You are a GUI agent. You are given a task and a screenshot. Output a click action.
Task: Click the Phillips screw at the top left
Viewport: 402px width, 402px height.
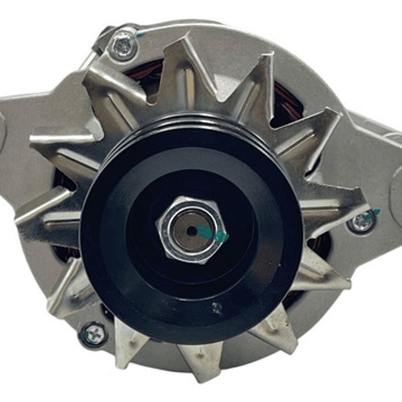click(x=123, y=45)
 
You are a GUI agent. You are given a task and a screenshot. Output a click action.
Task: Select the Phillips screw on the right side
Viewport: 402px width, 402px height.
click(x=361, y=223)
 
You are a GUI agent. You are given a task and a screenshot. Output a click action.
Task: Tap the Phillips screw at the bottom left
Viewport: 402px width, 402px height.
click(x=93, y=334)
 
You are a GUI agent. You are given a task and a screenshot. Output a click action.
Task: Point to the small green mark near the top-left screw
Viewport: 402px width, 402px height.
click(x=140, y=35)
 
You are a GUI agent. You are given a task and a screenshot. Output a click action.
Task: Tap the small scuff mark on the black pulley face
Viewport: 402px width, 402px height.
click(x=216, y=307)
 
